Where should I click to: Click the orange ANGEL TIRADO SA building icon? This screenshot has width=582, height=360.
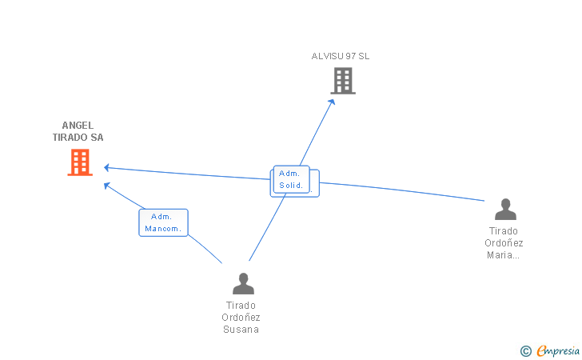(x=80, y=162)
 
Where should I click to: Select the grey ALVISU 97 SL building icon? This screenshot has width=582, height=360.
(x=343, y=81)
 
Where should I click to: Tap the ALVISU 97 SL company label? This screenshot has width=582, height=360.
(x=341, y=56)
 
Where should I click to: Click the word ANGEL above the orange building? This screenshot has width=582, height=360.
(x=78, y=125)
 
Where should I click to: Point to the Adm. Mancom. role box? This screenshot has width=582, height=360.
(x=163, y=222)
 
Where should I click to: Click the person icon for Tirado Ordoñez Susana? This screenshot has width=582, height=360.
(x=243, y=283)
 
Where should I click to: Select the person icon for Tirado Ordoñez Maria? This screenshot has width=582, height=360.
(x=505, y=210)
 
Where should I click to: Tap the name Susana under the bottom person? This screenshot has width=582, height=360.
(x=241, y=330)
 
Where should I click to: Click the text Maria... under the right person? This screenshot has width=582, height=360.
(x=504, y=255)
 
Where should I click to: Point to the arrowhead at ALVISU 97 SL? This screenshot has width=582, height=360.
(x=332, y=102)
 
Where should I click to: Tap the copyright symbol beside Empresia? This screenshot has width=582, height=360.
(x=525, y=350)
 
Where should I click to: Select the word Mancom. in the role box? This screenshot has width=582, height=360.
(x=164, y=229)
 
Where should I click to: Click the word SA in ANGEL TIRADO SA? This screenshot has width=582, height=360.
(x=97, y=137)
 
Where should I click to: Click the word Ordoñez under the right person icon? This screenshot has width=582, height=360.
(x=504, y=243)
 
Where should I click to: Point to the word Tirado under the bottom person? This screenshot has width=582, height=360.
(x=241, y=305)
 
